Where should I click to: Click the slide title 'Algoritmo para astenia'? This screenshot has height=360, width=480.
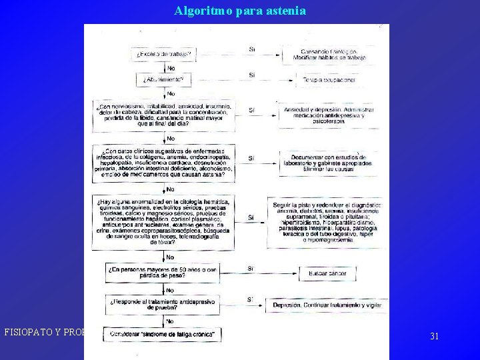click(240, 11)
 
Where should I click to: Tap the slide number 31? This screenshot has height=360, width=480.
click(434, 336)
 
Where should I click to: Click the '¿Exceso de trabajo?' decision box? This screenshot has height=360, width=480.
click(164, 53)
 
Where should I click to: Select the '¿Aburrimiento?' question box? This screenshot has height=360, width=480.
click(164, 79)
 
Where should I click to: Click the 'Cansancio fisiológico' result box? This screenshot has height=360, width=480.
click(325, 55)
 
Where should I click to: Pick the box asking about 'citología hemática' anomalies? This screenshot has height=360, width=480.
click(164, 221)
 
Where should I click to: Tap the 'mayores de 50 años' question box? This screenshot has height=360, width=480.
click(164, 272)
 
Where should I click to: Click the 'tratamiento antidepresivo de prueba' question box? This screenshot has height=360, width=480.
click(164, 304)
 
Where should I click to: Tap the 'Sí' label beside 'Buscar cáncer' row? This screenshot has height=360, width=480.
click(251, 268)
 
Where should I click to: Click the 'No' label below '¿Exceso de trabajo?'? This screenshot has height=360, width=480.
click(171, 67)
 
